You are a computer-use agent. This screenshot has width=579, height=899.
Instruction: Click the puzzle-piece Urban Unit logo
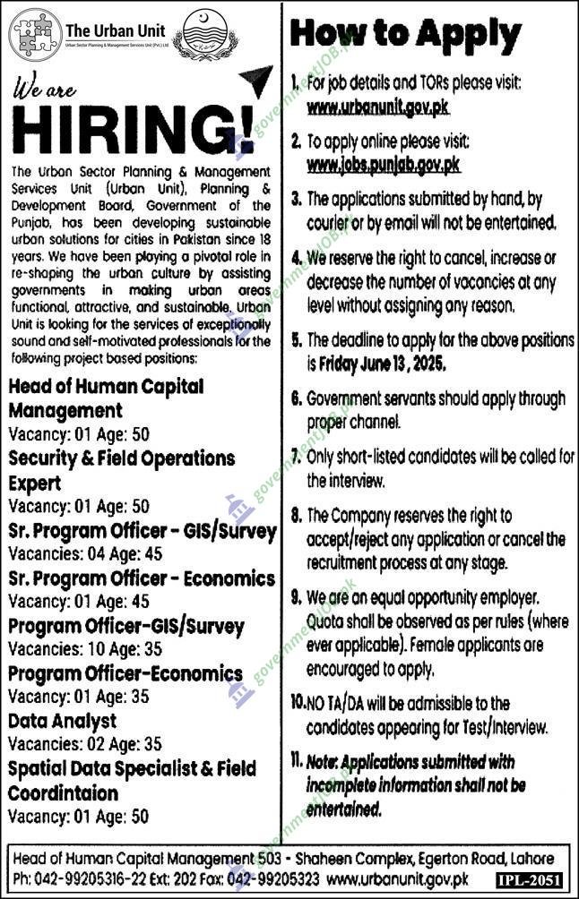pos(36,34)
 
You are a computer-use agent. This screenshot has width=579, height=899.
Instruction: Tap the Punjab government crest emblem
pos(206,35)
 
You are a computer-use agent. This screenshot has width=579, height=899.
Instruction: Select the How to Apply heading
pos(406,36)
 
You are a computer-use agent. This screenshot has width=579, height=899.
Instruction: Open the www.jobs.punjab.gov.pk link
pos(384,165)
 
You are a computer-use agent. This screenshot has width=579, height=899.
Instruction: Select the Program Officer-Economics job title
pos(125,673)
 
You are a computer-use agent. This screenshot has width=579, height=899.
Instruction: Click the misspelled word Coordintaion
pos(64,793)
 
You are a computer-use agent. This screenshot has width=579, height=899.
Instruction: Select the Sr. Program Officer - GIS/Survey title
pos(143,531)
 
